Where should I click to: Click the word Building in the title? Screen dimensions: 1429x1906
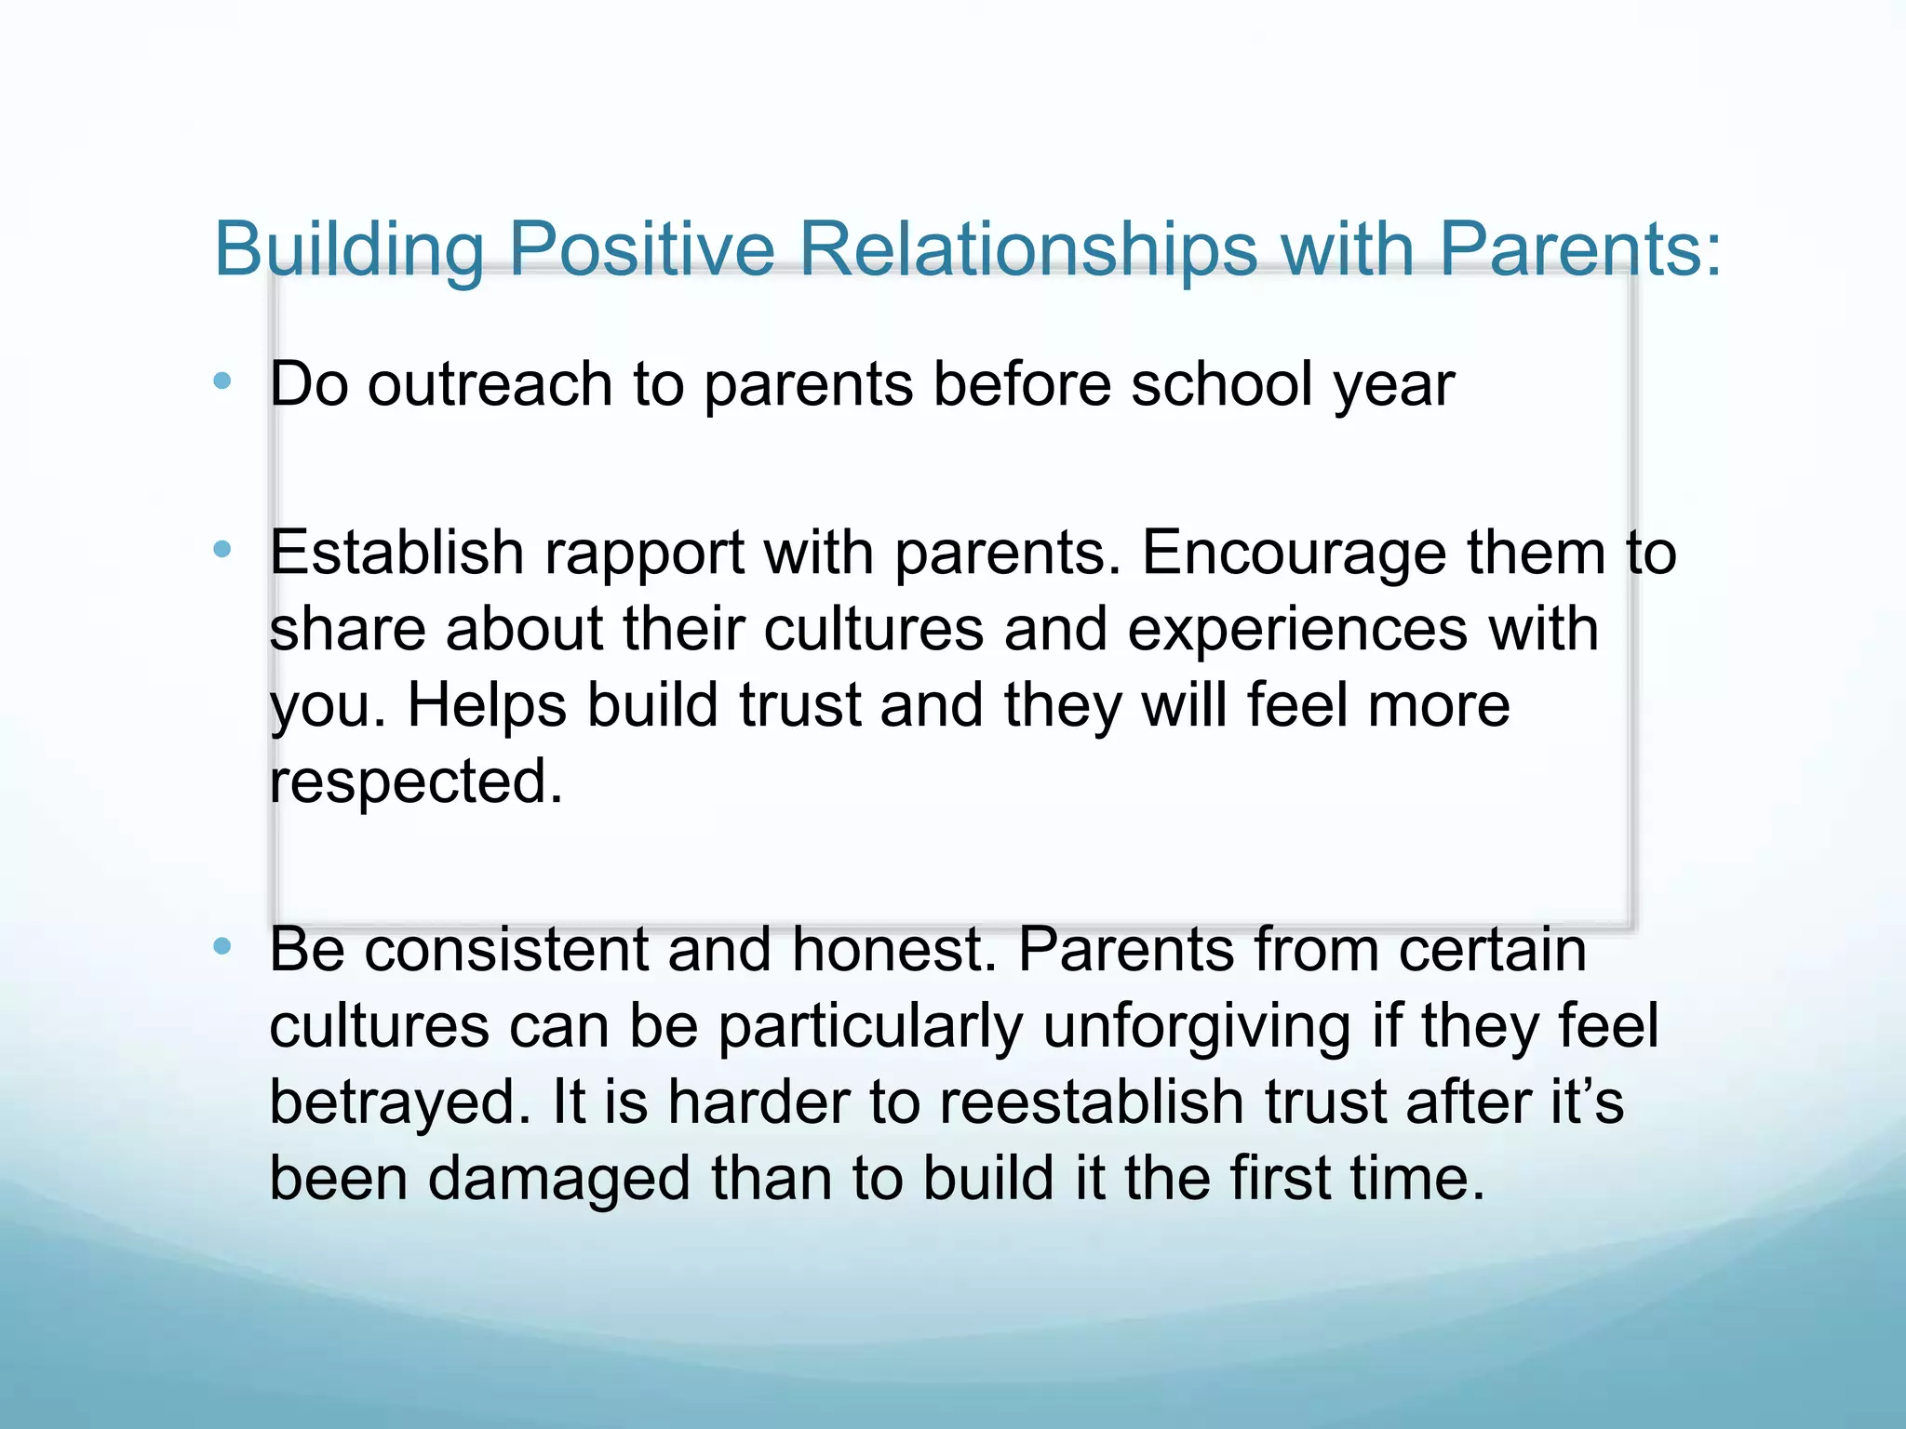tap(349, 250)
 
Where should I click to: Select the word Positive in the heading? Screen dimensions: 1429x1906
tap(641, 248)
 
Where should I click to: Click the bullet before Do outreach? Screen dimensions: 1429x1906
tap(221, 381)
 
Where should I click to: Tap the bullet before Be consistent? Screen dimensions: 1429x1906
tap(221, 946)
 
